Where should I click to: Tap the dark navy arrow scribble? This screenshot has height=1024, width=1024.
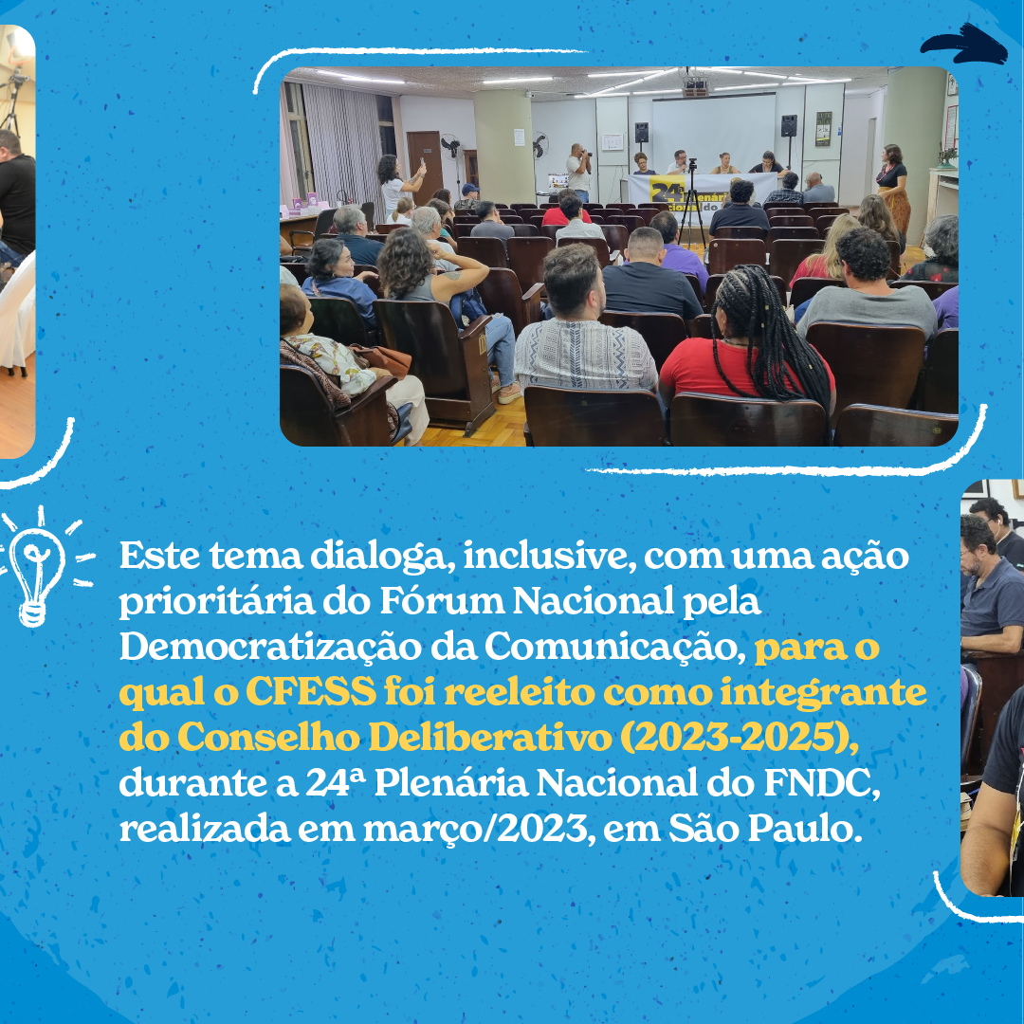tap(964, 46)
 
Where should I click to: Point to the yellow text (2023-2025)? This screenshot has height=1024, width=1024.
tap(739, 738)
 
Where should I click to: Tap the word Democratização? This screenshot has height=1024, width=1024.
tap(269, 647)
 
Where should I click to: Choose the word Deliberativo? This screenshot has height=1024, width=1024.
tap(490, 738)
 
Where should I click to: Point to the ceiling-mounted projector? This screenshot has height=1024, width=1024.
tap(696, 85)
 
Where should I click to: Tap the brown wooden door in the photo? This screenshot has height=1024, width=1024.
tap(425, 167)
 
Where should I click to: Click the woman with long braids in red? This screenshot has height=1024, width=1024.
tap(751, 337)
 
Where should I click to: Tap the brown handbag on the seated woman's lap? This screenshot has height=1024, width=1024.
tap(385, 359)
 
